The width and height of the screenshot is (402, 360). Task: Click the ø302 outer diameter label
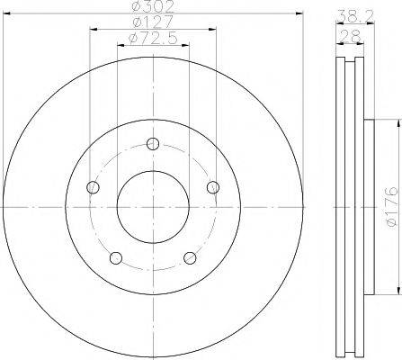153,6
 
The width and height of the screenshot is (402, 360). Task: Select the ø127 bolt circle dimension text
153,22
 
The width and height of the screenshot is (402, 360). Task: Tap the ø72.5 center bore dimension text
153,38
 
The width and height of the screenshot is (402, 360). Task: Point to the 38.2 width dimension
356,16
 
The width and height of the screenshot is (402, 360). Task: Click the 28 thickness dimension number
350,37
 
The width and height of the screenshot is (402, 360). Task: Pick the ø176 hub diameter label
392,207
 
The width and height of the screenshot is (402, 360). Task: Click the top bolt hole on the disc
153,144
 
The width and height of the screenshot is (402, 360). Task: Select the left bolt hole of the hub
93,187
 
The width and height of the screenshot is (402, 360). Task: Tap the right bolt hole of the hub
213,187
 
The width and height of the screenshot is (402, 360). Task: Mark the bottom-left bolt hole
116,258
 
